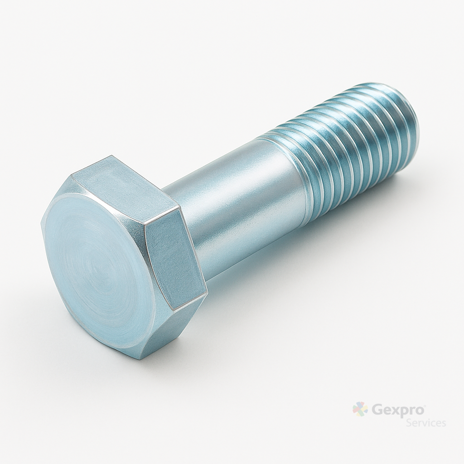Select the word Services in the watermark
point(426,423)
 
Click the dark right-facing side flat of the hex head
point(174,255)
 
